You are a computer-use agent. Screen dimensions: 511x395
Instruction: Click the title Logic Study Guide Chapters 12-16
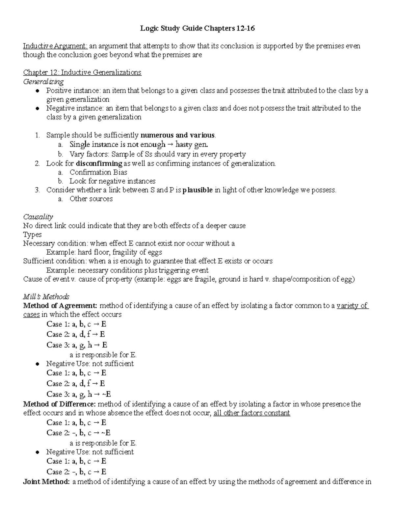pyautogui.click(x=197, y=29)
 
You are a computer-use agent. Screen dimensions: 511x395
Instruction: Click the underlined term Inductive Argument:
pyautogui.click(x=55, y=46)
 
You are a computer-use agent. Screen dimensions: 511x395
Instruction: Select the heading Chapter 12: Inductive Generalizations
pyautogui.click(x=82, y=72)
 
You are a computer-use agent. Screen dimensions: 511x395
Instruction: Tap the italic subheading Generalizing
pyautogui.click(x=43, y=81)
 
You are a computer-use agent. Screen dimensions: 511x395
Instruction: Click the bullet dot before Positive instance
pyautogui.click(x=38, y=90)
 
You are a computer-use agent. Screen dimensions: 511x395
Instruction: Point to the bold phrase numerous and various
pyautogui.click(x=177, y=135)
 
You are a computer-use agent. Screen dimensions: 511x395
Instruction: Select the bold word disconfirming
pyautogui.click(x=99, y=164)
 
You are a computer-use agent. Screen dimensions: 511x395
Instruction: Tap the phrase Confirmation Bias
pyautogui.click(x=98, y=172)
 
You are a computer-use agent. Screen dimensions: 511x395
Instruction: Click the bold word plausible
pyautogui.click(x=197, y=190)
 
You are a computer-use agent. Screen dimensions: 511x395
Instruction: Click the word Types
pyautogui.click(x=32, y=235)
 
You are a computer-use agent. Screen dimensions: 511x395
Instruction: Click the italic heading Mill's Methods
pyautogui.click(x=46, y=297)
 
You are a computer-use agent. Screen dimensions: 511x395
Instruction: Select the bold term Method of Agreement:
pyautogui.click(x=60, y=306)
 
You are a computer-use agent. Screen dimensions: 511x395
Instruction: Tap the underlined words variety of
pyautogui.click(x=352, y=306)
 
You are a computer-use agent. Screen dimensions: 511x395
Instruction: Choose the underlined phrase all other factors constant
pyautogui.click(x=251, y=413)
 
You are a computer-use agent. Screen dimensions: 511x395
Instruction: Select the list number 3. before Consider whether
pyautogui.click(x=38, y=190)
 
